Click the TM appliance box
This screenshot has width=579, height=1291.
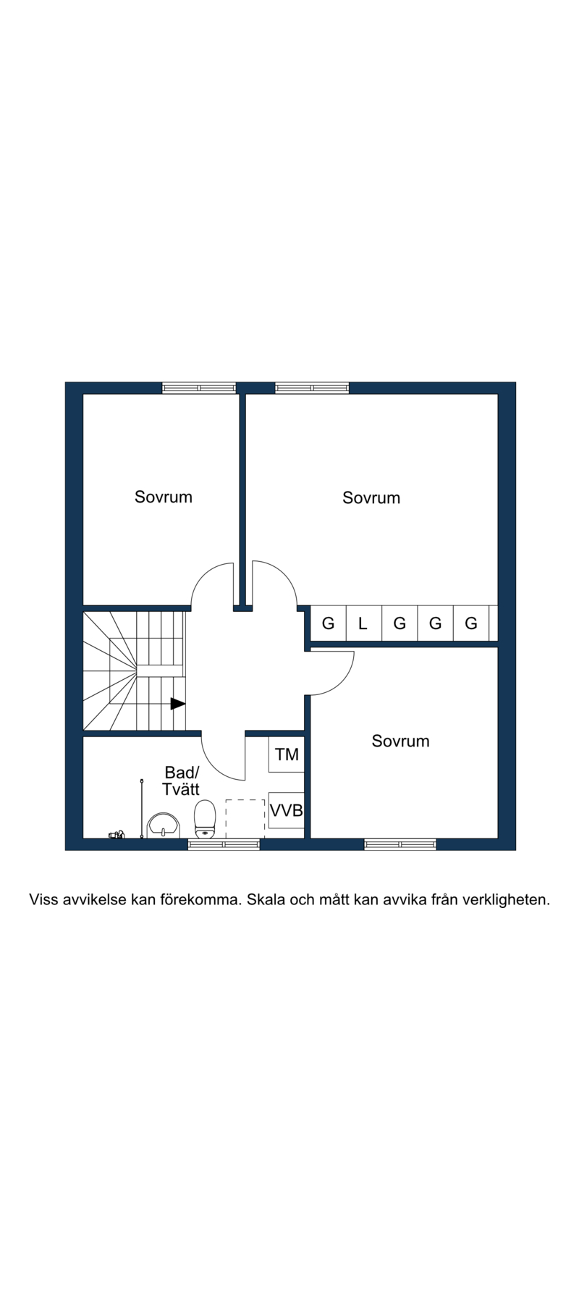tap(287, 754)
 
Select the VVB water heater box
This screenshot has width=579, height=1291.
tap(287, 810)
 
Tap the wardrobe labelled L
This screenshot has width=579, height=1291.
tap(363, 623)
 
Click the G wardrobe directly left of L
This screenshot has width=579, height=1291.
tap(328, 623)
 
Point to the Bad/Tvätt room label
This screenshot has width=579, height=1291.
tap(181, 781)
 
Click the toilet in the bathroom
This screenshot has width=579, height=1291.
tap(206, 819)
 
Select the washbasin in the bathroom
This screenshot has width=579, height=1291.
tap(164, 825)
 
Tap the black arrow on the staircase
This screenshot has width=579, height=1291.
tap(178, 703)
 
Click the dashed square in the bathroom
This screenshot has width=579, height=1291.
tap(245, 819)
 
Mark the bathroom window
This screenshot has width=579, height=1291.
tap(224, 844)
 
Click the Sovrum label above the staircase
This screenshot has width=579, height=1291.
tap(164, 497)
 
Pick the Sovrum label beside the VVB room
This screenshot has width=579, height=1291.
tap(400, 741)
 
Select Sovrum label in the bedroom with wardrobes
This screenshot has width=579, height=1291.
tap(371, 497)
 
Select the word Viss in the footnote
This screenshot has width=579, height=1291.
tap(43, 900)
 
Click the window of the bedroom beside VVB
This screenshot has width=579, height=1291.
tap(400, 844)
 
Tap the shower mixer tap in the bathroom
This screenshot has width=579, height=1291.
tap(117, 834)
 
